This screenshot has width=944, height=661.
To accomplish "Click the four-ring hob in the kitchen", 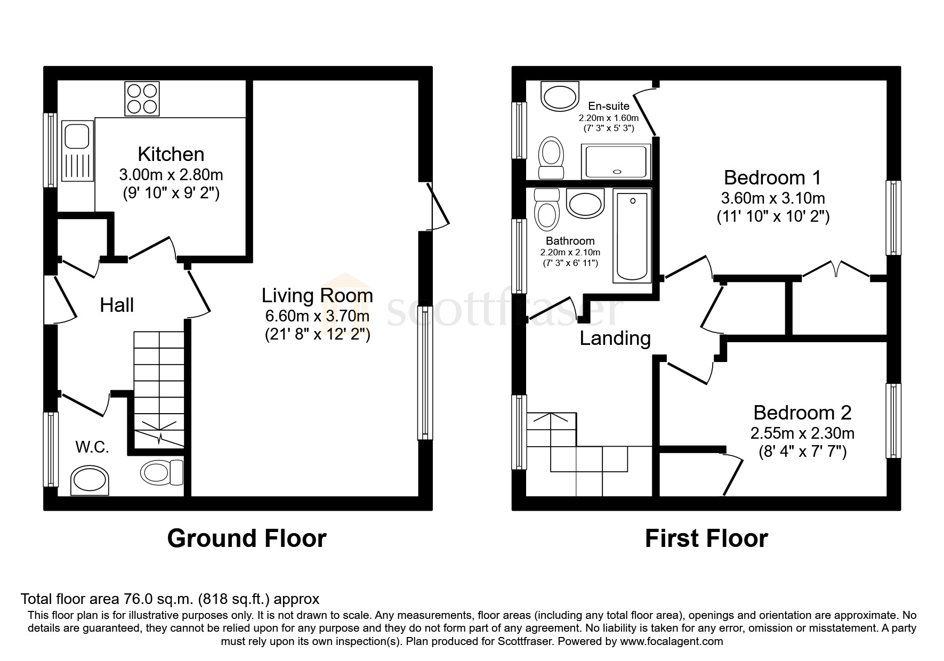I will [142, 99].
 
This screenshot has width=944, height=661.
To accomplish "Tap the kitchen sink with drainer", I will [77, 151].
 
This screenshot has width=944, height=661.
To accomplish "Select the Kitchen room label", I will [171, 154].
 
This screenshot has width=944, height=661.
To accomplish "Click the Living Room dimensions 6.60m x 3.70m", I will [317, 316].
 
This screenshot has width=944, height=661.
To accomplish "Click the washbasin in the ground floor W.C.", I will [90, 480].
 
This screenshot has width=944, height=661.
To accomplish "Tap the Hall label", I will [117, 305].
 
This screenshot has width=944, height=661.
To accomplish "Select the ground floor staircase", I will [158, 389].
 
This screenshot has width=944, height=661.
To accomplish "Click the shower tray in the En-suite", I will [617, 155].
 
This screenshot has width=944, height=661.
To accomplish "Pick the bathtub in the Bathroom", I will [632, 236].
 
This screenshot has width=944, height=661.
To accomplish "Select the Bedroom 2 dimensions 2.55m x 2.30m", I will [802, 433].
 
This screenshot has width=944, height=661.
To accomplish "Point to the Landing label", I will [615, 338].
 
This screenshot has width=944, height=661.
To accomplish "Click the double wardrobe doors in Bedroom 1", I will [836, 269].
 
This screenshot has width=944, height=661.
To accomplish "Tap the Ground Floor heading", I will [246, 538].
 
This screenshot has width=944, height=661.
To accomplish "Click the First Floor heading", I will [706, 538].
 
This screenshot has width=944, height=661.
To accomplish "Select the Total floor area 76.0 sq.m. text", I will [170, 599].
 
